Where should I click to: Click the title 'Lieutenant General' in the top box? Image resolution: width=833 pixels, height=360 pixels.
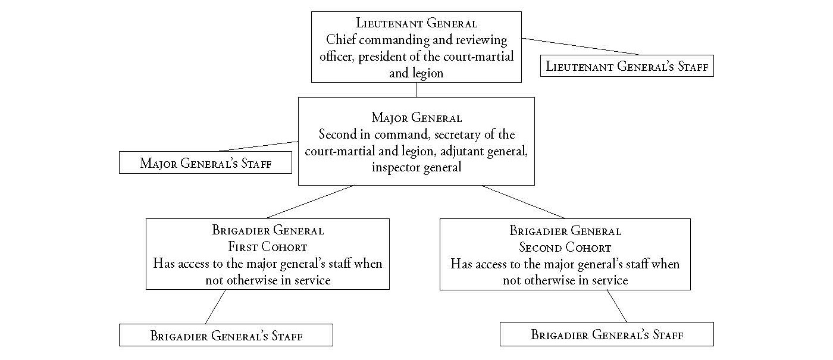[416, 23]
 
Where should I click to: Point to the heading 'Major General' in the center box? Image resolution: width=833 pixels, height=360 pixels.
[416, 118]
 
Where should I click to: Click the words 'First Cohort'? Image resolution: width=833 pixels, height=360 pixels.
[268, 246]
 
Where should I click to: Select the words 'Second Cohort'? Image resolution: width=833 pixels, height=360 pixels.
[565, 248]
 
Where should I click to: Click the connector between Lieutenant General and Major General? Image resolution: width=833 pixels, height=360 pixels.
[416, 90]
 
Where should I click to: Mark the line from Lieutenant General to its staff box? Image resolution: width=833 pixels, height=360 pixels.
[580, 46]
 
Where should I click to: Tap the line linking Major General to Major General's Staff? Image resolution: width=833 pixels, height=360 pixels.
[258, 146]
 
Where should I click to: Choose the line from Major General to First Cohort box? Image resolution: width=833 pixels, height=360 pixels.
[311, 202]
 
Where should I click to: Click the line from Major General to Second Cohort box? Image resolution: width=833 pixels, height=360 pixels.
[523, 202]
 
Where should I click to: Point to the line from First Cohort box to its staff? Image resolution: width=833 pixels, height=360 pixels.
[215, 307]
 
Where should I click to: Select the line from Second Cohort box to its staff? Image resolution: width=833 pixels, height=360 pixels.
[617, 306]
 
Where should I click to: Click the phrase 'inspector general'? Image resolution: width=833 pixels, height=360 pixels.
[416, 167]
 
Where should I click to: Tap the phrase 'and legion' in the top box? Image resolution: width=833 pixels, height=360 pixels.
[416, 73]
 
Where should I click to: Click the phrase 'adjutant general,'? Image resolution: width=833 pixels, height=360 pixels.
[484, 151]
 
